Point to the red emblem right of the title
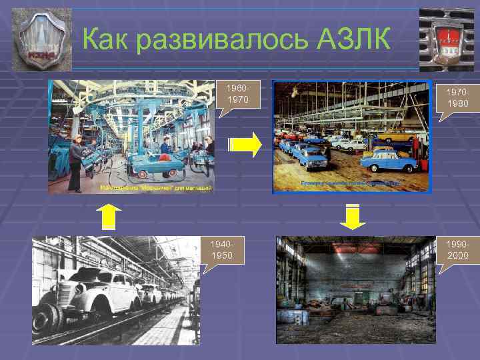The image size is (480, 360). coord(446,39)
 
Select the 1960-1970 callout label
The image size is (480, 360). coord(237,94)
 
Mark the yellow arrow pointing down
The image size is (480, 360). coord(353,217)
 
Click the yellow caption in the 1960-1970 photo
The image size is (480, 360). coord(155,188)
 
